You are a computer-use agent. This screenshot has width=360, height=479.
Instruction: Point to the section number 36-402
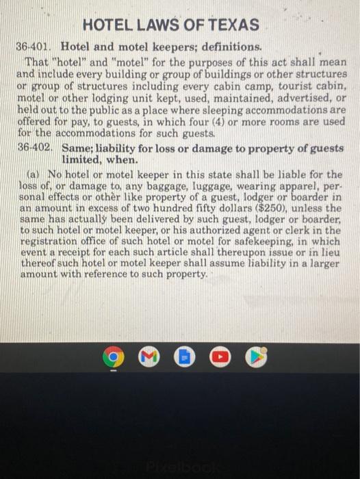click(x=34, y=146)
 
